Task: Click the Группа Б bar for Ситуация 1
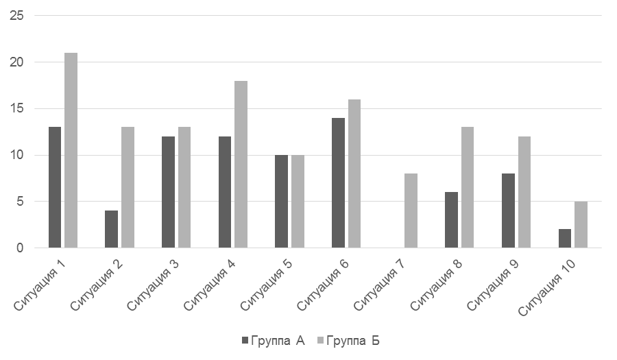[71, 150]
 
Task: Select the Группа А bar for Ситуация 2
[111, 229]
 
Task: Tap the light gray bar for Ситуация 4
[241, 165]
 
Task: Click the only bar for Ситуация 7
[411, 211]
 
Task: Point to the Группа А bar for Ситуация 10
[564, 239]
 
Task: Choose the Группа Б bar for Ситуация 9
[524, 192]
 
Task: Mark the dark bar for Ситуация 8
[451, 220]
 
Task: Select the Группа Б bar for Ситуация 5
[298, 202]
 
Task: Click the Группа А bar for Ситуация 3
[168, 192]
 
